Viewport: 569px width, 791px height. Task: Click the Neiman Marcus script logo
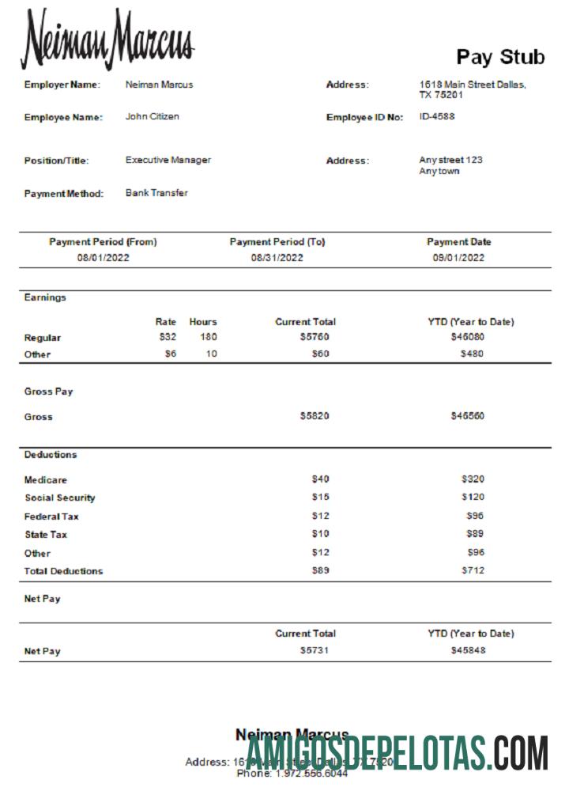(107, 40)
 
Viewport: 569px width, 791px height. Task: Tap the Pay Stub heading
(500, 57)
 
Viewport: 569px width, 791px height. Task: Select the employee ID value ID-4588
(437, 116)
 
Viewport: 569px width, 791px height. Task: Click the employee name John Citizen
(152, 116)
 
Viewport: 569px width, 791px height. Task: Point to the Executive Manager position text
(168, 160)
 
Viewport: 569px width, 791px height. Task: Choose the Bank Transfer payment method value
(156, 193)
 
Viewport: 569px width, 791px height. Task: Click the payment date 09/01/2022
(458, 258)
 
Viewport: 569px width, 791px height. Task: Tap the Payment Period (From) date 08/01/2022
(103, 258)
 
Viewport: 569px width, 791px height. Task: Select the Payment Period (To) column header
(277, 242)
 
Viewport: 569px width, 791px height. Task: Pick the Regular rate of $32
(168, 337)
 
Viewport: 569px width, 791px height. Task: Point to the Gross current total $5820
(315, 416)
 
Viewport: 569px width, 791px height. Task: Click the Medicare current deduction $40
(320, 479)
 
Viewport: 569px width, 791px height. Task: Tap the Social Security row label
(60, 498)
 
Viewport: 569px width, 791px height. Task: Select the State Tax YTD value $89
(475, 534)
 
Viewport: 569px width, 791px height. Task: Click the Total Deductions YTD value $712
(473, 570)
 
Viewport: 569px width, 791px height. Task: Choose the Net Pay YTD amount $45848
(468, 650)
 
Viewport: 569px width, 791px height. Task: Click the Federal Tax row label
(51, 517)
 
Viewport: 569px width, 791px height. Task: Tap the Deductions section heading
(51, 455)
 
